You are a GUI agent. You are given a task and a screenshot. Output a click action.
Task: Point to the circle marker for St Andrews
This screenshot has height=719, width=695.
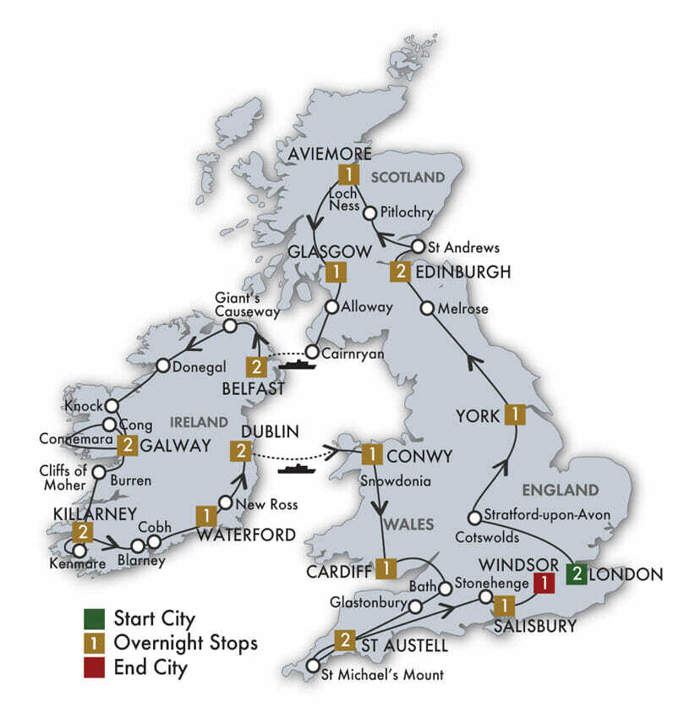click(x=416, y=247)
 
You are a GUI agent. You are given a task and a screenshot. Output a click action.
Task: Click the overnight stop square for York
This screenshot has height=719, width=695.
click(x=514, y=414)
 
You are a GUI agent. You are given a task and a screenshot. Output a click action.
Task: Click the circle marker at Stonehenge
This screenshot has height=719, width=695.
click(x=486, y=597)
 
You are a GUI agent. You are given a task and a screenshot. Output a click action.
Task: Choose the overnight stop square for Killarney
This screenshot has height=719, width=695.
click(x=82, y=533)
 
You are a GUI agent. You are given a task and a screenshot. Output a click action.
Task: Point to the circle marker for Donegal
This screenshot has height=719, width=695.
click(x=163, y=366)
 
